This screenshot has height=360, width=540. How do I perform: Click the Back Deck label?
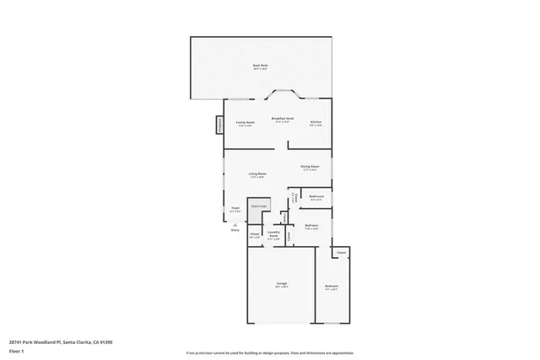pos(261,67)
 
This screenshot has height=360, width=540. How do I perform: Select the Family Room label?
pos(245,123)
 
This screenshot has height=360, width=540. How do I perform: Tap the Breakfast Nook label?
pos(282,120)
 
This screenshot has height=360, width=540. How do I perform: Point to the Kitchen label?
pos(316,123)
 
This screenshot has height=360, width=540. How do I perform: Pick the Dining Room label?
pos(310,168)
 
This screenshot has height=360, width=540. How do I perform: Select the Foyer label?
pos(235,210)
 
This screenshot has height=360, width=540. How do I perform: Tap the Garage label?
pos(281,284)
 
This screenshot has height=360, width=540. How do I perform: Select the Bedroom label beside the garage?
pos(332,287)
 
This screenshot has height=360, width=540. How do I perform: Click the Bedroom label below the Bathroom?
pos(311,226)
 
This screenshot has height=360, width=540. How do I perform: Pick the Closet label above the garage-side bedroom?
pos(341,253)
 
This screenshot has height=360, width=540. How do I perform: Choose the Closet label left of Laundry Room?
pos(254,235)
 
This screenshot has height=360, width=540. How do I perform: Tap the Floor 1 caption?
pos(16,351)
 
